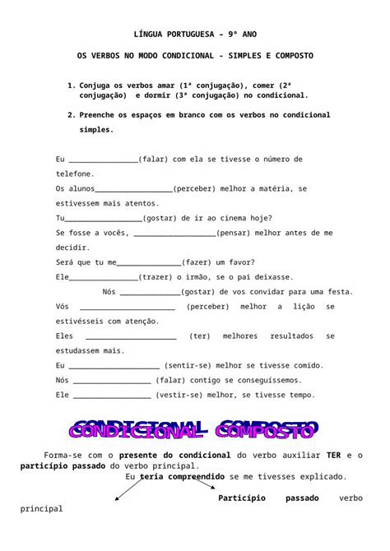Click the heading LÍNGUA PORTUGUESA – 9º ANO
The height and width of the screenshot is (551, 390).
(195, 35)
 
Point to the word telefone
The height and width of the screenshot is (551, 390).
(75, 174)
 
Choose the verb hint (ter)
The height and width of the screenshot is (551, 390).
(199, 336)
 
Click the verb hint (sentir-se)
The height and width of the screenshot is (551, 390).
(185, 365)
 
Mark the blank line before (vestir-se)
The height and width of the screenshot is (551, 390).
(112, 395)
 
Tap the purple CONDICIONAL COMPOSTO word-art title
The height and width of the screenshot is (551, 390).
(194, 428)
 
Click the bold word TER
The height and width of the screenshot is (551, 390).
(333, 455)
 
